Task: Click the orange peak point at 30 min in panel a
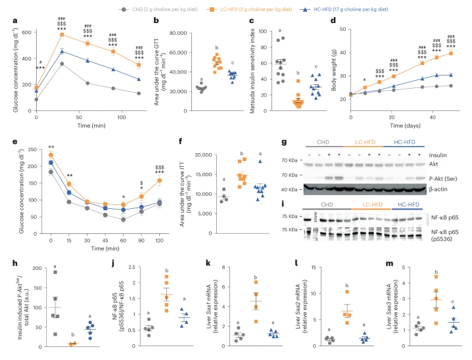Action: click(62, 34)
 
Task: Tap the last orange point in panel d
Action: click(450, 53)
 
